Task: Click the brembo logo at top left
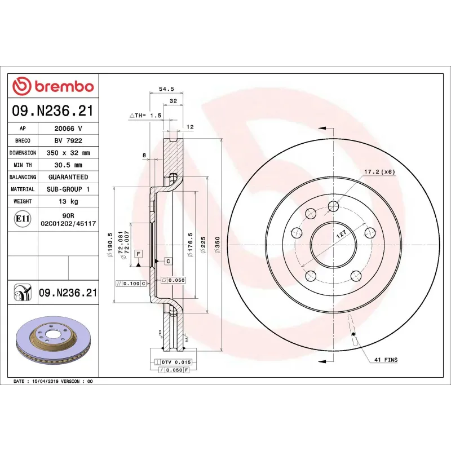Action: click(53, 86)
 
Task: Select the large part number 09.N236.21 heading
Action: click(53, 110)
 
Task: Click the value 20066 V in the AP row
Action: click(68, 129)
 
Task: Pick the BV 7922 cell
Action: click(68, 140)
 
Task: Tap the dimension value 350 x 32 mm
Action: click(68, 153)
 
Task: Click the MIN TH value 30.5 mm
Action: click(68, 165)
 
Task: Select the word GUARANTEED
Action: click(68, 177)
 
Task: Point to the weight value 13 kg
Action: click(68, 201)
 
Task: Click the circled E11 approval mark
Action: click(23, 218)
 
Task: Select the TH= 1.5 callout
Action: click(146, 115)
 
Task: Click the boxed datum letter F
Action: click(138, 254)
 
